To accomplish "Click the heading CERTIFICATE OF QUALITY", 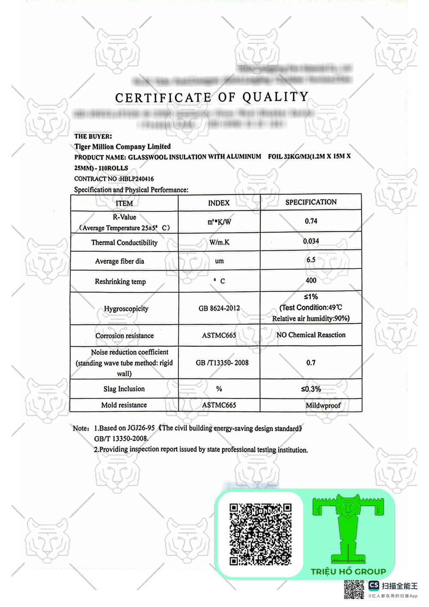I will click(x=212, y=97).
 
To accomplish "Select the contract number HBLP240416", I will click(x=136, y=179).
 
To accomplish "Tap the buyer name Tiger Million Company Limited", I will click(x=122, y=147).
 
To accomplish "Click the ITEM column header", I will click(x=124, y=203).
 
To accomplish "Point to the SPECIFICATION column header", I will click(x=311, y=202).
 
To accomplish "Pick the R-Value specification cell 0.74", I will click(x=311, y=221).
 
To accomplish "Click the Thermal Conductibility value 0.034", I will click(x=311, y=241).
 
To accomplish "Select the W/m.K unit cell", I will click(x=219, y=242).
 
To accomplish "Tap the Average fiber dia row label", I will click(x=120, y=261).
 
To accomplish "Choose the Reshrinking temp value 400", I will click(x=311, y=281).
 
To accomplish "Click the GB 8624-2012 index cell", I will click(x=219, y=308).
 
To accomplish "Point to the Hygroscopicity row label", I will click(x=126, y=308).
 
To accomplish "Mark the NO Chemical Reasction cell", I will click(x=311, y=335).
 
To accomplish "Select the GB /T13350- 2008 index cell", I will click(x=222, y=363).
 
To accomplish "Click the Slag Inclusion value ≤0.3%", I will click(x=311, y=389).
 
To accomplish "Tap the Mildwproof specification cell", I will click(x=323, y=405).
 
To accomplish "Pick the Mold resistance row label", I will click(x=124, y=405).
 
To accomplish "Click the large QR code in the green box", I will click(x=260, y=534).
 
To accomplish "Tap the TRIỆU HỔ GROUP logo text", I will click(x=348, y=572).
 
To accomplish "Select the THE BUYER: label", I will click(x=93, y=136).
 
